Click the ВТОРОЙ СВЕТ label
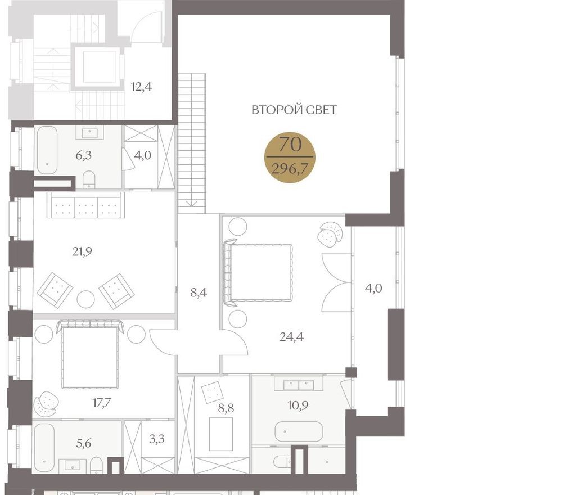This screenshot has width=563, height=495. [x=294, y=110]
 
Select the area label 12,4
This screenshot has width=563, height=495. [x=142, y=87]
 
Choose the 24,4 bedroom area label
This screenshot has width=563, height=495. [x=291, y=337]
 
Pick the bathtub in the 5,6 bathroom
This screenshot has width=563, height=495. [x=44, y=448]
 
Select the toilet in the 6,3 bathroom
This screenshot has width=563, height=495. [x=89, y=179]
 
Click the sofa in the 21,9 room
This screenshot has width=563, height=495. [x=85, y=205]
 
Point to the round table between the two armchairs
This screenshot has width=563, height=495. [x=85, y=299]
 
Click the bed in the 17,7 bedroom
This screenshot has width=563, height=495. [x=90, y=355]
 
